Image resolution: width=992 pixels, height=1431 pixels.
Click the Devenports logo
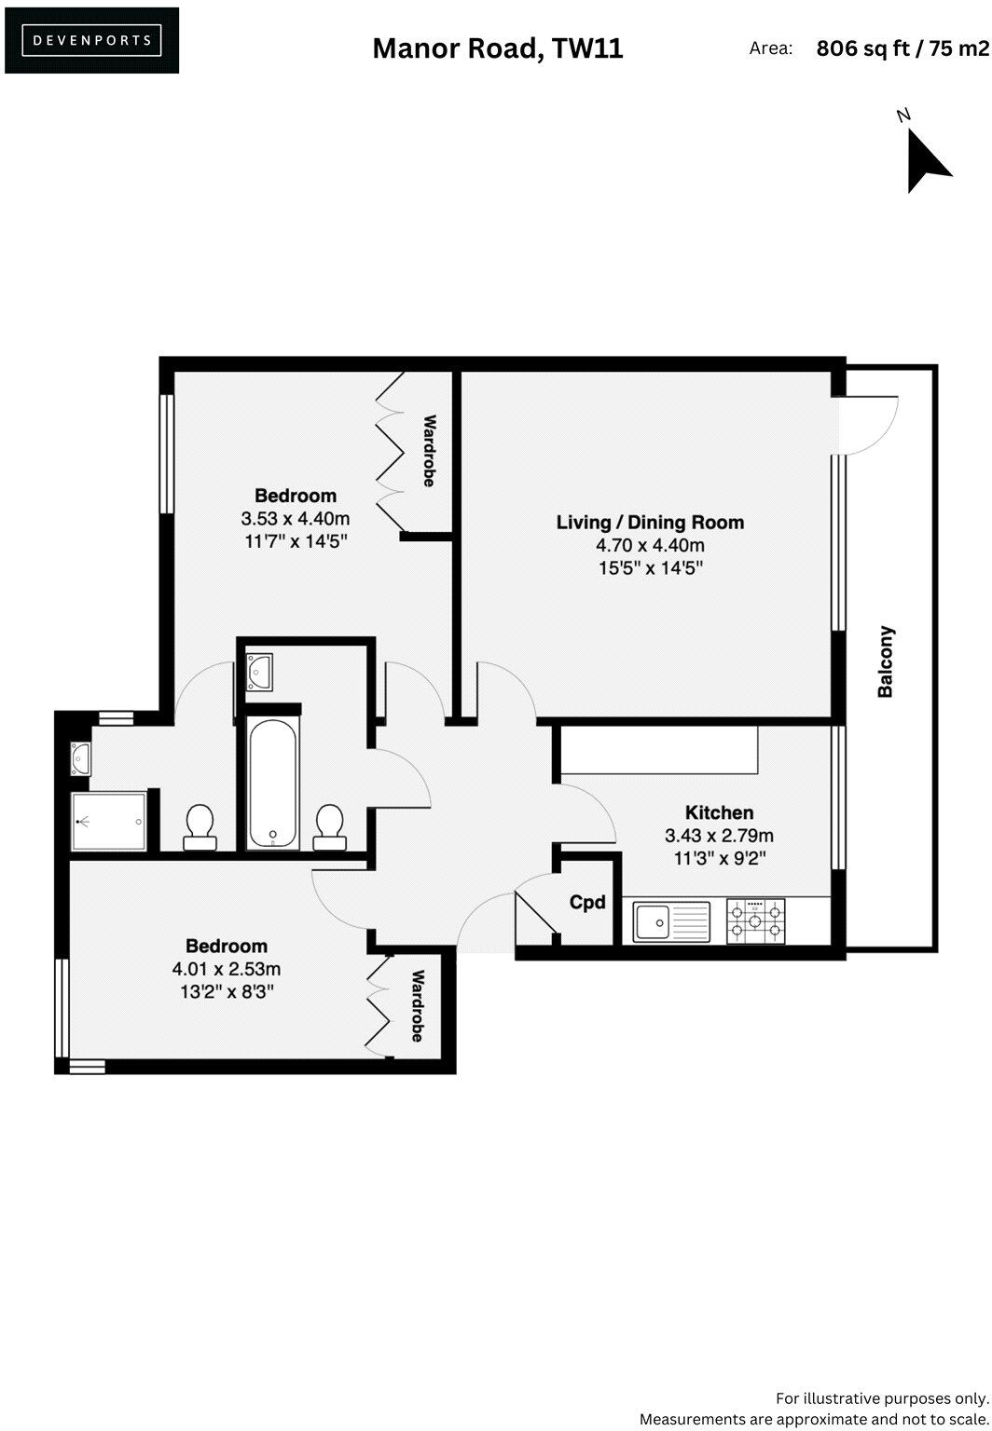[x=91, y=40]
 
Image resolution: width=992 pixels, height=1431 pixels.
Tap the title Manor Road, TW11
[x=497, y=48]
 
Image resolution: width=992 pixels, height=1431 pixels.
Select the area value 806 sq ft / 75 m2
[x=902, y=48]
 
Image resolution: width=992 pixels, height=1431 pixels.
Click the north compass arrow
[x=925, y=159]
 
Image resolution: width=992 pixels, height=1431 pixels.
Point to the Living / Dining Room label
[x=650, y=523]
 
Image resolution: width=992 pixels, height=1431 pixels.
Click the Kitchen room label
[x=719, y=812]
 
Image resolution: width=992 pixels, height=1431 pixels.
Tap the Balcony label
[x=886, y=661]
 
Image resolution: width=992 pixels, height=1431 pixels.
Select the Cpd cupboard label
[x=587, y=902]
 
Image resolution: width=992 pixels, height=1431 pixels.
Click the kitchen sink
[x=671, y=921]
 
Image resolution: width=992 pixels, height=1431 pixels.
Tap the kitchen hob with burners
[x=756, y=921]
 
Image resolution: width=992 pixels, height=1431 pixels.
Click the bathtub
[x=272, y=783]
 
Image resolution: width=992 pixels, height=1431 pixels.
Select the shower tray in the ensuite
[x=110, y=821]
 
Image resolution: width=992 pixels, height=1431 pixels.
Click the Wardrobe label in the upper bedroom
[x=429, y=451]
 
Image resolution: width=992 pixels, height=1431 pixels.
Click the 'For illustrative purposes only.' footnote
[x=881, y=1397]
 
